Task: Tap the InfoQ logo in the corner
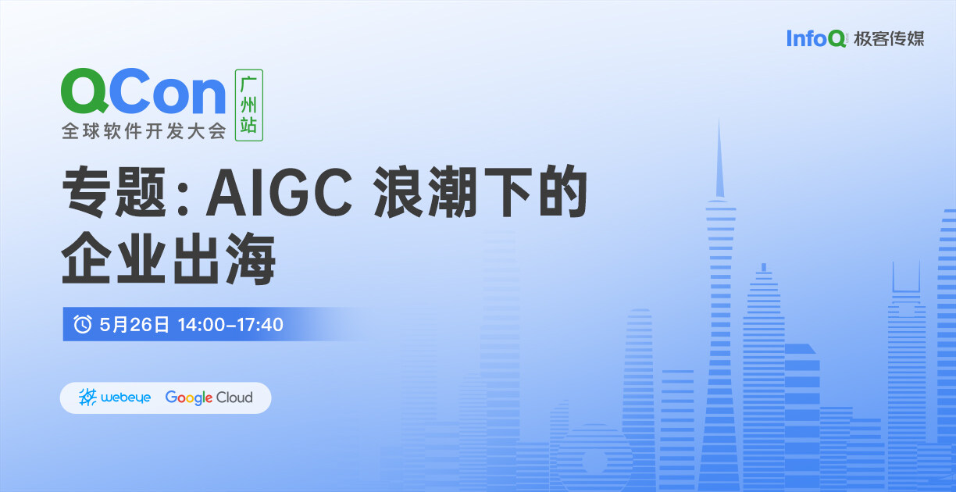pyautogui.click(x=816, y=38)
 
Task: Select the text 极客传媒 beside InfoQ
pyautogui.click(x=889, y=39)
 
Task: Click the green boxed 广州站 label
pyautogui.click(x=249, y=105)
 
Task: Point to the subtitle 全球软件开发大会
pyautogui.click(x=144, y=131)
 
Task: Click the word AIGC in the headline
pyautogui.click(x=279, y=192)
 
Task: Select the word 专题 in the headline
pyautogui.click(x=114, y=192)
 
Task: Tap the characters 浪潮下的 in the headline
pyautogui.click(x=480, y=192)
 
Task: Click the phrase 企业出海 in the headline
pyautogui.click(x=169, y=259)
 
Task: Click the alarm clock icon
pyautogui.click(x=82, y=324)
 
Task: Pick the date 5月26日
pyautogui.click(x=134, y=325)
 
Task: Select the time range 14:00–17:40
pyautogui.click(x=230, y=325)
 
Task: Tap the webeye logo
pyautogui.click(x=115, y=398)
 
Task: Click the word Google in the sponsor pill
pyautogui.click(x=189, y=398)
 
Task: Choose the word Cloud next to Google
pyautogui.click(x=234, y=398)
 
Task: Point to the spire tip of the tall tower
pyautogui.click(x=719, y=120)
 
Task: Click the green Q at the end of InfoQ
pyautogui.click(x=837, y=39)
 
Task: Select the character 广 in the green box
pyautogui.click(x=249, y=84)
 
